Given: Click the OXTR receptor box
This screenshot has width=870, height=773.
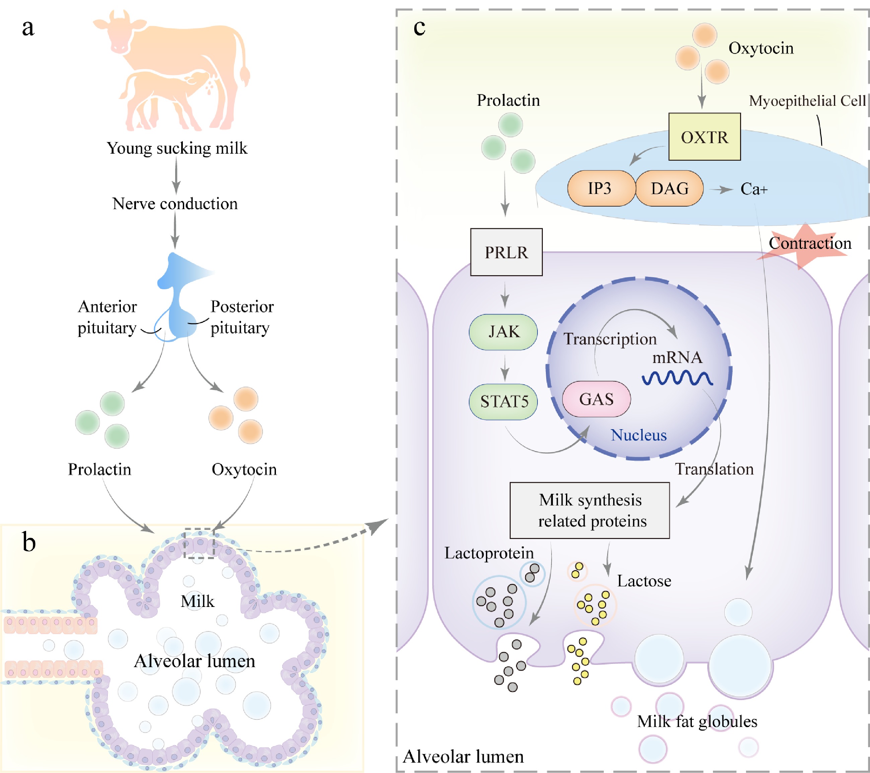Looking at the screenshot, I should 705,137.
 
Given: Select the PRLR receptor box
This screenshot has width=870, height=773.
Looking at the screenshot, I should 506,252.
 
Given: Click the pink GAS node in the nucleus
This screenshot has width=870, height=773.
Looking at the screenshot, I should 596,399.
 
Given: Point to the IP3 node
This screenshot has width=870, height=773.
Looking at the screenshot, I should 600,188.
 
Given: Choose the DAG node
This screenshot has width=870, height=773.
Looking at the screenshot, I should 669,188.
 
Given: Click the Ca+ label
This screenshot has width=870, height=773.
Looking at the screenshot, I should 754,189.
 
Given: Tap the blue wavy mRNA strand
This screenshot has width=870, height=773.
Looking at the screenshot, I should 677,378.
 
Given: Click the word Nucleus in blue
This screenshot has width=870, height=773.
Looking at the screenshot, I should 639,435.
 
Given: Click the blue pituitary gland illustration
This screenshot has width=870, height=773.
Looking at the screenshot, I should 179,298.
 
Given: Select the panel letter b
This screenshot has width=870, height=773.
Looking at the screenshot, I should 29,543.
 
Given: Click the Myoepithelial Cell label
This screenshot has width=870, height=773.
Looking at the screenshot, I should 807,101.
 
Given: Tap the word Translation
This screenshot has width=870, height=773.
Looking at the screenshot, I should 714,469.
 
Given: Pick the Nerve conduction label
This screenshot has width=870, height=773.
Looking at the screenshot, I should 175,204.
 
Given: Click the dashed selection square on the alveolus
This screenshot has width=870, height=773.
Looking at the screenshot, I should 199,543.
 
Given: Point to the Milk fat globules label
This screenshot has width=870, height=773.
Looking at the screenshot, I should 697,721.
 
